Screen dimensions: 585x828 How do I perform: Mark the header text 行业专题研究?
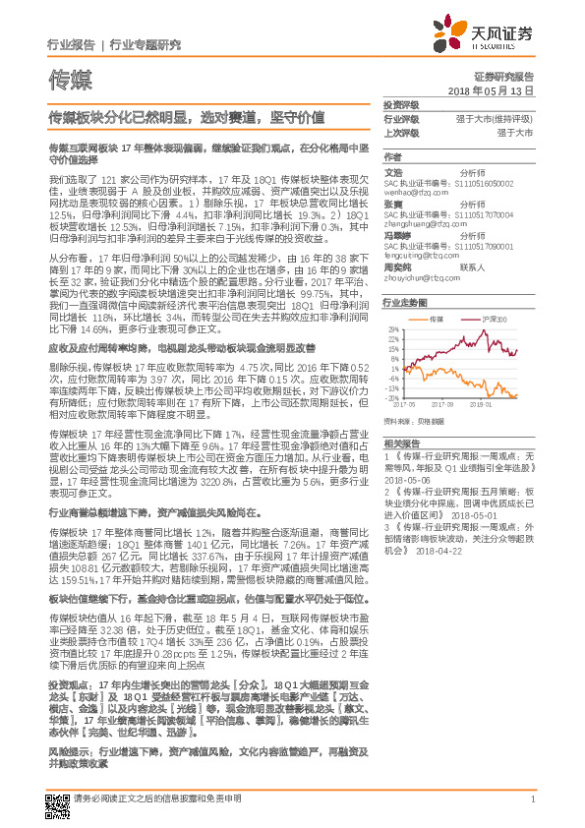[146, 45]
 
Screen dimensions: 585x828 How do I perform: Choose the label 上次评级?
[401, 132]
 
